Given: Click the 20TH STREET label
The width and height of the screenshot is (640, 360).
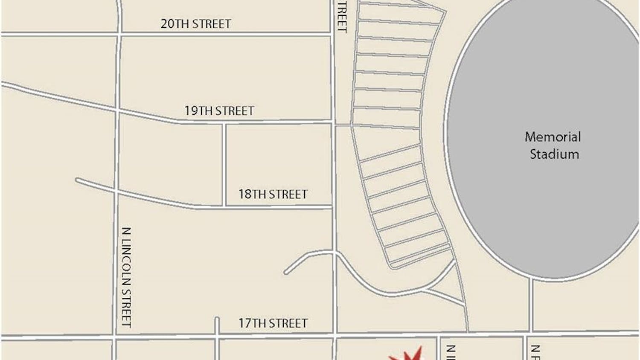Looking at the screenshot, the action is (196, 24).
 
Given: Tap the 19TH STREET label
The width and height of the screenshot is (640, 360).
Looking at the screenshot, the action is (219, 111).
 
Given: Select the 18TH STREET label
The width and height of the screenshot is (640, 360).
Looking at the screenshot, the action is (273, 195).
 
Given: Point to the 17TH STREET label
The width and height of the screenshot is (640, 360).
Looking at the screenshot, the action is (273, 323).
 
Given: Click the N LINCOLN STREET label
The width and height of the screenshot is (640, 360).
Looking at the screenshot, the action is (126, 277).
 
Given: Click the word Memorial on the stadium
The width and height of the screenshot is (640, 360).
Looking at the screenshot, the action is (553, 137).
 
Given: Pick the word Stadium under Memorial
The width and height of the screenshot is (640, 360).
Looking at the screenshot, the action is (554, 154).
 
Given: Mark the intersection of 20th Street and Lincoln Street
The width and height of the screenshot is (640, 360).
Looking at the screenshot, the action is (119, 33).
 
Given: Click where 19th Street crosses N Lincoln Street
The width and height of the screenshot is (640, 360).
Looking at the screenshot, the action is (116, 110).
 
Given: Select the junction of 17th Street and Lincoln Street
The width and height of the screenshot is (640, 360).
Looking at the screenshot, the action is (114, 337).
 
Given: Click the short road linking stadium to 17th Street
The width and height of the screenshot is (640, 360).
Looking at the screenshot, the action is (531, 305).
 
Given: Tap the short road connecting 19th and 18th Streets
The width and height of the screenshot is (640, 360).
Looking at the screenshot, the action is (224, 165).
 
